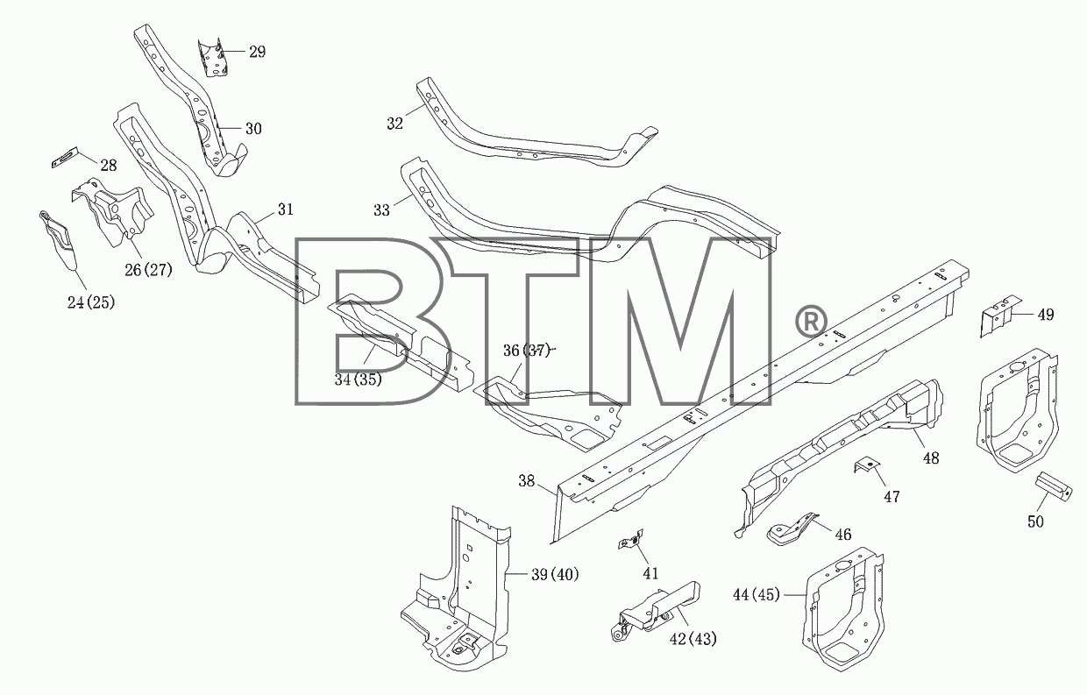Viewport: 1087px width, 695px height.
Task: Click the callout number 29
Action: [x=257, y=52]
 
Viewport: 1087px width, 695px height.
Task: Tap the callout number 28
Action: [x=108, y=166]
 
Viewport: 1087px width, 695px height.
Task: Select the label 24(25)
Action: [x=91, y=302]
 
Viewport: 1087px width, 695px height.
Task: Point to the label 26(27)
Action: [x=148, y=270]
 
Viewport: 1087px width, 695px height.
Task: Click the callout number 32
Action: [x=395, y=124]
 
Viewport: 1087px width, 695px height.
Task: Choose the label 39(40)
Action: [x=555, y=575]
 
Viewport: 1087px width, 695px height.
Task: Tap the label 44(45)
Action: [x=756, y=594]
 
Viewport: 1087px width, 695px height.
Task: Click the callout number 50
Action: [x=1035, y=521]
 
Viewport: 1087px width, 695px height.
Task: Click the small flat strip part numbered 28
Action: [x=65, y=157]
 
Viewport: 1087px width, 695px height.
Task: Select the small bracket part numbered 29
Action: [x=214, y=57]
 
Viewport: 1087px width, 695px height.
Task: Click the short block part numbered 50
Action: [x=1054, y=486]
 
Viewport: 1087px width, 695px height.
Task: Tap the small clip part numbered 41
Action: [x=630, y=539]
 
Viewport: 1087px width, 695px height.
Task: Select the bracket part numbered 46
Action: [x=792, y=529]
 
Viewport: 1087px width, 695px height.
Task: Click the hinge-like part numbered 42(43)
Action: [x=655, y=611]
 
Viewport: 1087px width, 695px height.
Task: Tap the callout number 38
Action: [x=527, y=481]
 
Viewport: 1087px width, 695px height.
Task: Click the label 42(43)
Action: [x=693, y=639]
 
